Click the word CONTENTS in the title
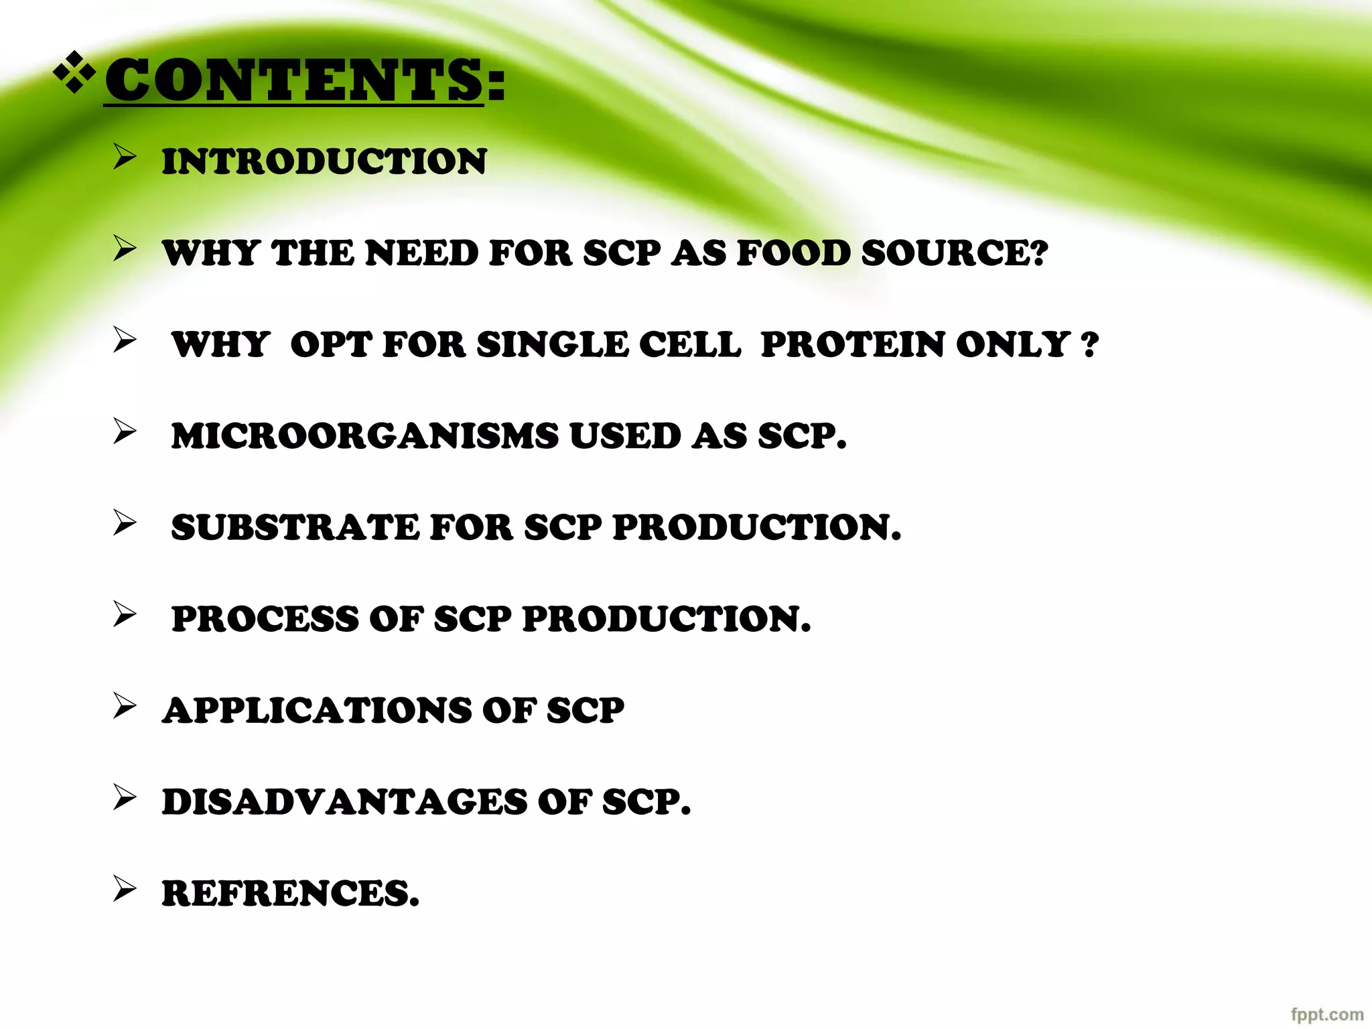coord(293,80)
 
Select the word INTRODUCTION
coord(324,161)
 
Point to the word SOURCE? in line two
coord(955,253)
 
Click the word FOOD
coord(793,253)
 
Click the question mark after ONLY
coord(1090,346)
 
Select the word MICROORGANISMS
coord(364,436)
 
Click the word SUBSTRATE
coord(295,527)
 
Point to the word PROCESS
coord(265,619)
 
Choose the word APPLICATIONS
coord(316,710)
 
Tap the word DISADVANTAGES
coord(344,802)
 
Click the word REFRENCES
coord(289,894)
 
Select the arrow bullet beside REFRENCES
coord(125,889)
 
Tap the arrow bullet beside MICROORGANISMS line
coord(125,431)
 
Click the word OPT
coord(330,344)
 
